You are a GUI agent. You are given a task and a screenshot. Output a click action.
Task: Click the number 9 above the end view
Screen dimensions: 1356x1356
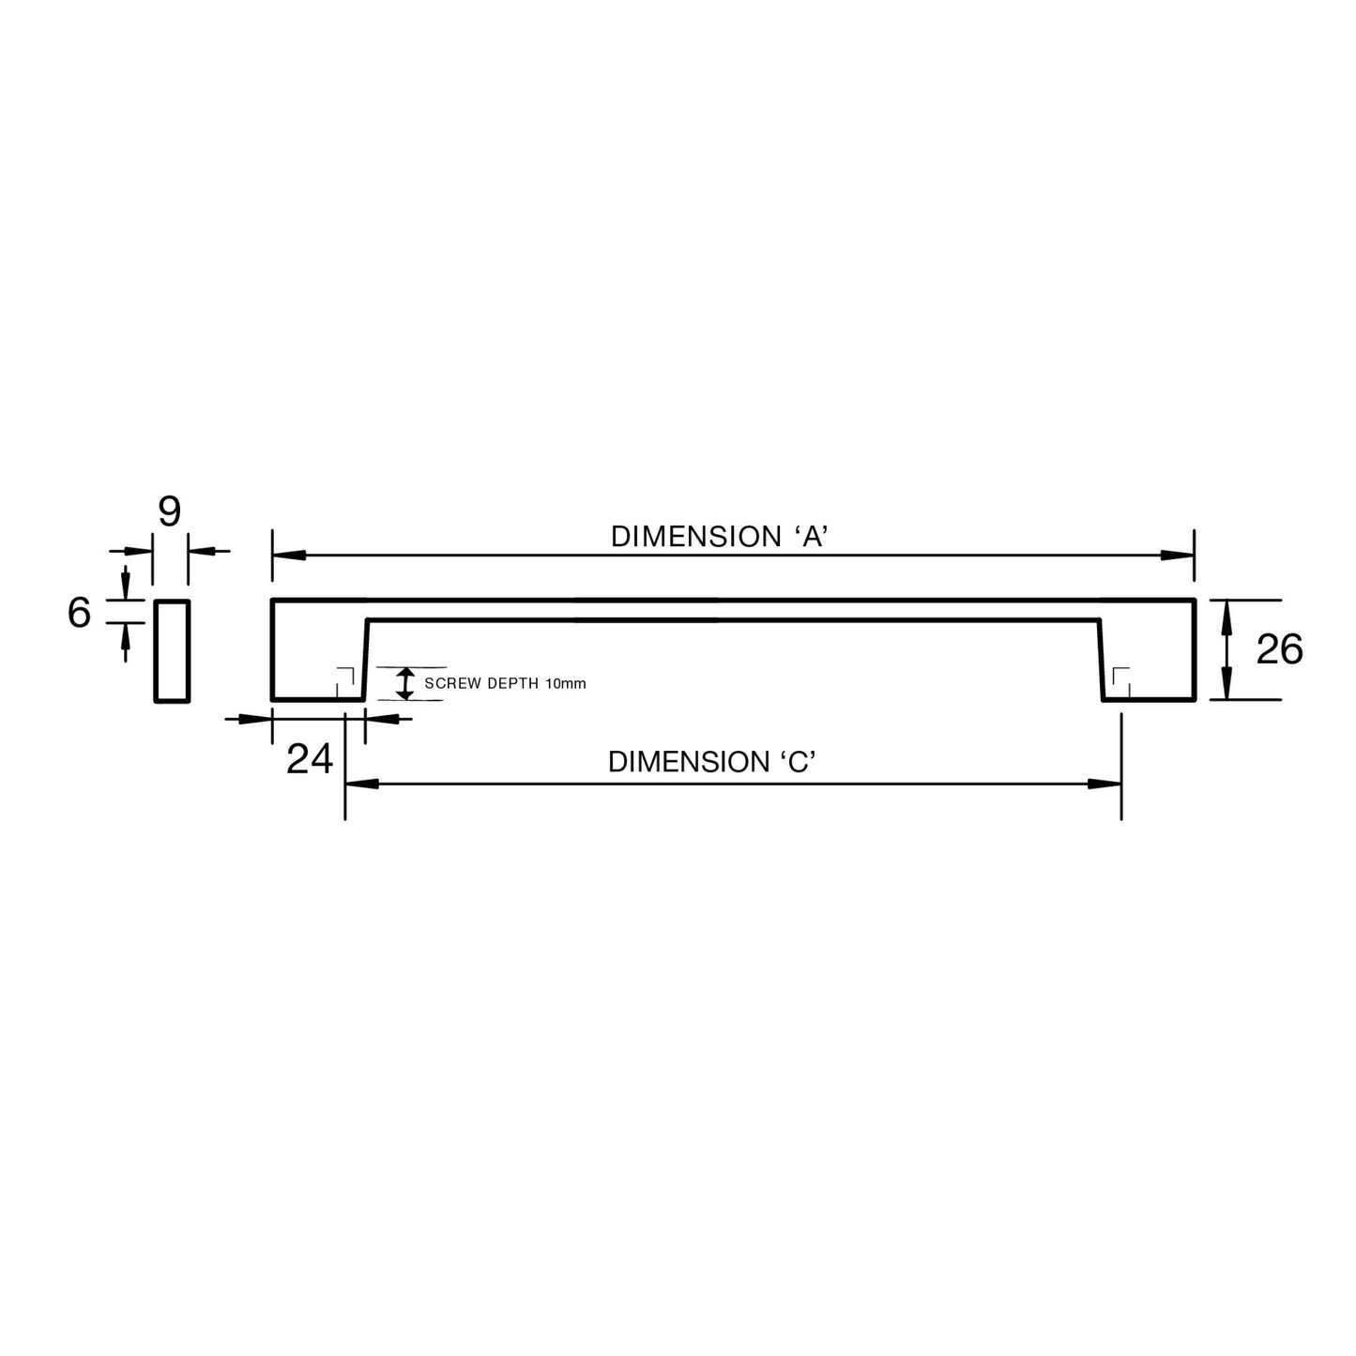(x=169, y=511)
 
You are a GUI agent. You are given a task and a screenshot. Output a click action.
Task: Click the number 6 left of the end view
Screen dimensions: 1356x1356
(x=79, y=612)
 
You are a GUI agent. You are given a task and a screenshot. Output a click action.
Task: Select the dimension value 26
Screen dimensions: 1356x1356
(x=1279, y=648)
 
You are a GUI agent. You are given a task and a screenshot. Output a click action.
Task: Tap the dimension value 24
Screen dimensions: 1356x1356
(x=309, y=758)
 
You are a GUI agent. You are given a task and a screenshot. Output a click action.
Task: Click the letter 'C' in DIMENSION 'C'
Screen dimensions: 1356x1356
(x=798, y=762)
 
